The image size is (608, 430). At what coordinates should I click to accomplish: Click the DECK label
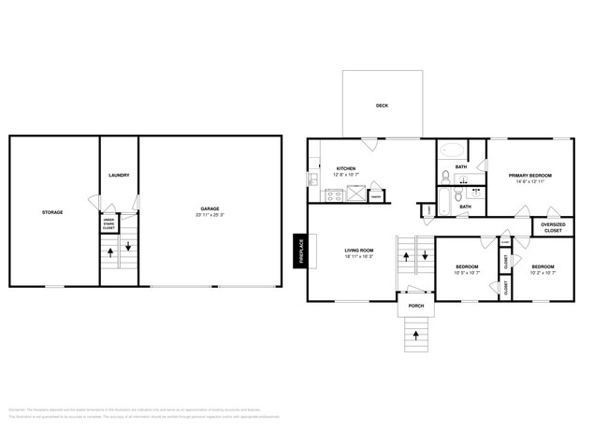(382, 106)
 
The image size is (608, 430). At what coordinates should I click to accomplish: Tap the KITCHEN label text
(346, 167)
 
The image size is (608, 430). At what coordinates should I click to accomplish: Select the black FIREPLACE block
(299, 251)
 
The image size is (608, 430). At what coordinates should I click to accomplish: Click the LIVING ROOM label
(359, 251)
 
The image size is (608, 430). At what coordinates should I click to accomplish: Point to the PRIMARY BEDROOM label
(529, 175)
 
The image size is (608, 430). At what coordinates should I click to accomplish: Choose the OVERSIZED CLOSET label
(553, 227)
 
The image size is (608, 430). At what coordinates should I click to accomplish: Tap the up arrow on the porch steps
(415, 334)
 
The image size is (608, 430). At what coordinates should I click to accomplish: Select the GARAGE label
(210, 208)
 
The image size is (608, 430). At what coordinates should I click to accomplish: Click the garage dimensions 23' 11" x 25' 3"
(210, 215)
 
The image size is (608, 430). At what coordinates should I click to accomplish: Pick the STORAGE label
(52, 212)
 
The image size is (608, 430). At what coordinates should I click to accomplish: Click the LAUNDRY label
(119, 175)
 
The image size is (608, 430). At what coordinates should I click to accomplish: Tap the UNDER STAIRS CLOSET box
(108, 223)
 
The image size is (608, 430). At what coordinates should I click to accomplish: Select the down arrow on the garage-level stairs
(128, 250)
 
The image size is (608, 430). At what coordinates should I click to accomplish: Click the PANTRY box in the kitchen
(376, 196)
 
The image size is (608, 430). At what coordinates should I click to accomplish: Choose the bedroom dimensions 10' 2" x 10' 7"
(543, 273)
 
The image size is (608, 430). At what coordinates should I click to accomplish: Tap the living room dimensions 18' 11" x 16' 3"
(359, 257)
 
